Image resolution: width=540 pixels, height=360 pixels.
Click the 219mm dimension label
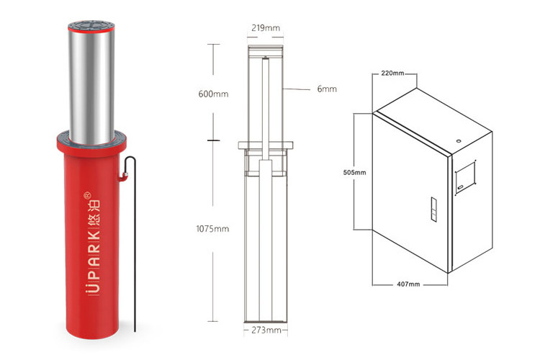tap(266, 27)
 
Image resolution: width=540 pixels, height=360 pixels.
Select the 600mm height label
tap(213, 94)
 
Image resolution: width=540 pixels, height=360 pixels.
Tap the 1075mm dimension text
tap(212, 228)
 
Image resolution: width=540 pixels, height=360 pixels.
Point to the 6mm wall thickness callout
tap(327, 89)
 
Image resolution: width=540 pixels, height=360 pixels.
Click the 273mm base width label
tap(266, 330)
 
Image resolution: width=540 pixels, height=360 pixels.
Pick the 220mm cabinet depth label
tap(392, 73)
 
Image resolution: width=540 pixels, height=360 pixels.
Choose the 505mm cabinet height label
tap(354, 172)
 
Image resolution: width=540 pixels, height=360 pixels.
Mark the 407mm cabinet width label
tap(408, 284)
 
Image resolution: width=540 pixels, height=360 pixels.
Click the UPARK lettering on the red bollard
tap(92, 262)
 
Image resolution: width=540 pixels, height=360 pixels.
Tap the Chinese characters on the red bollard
tap(93, 211)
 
